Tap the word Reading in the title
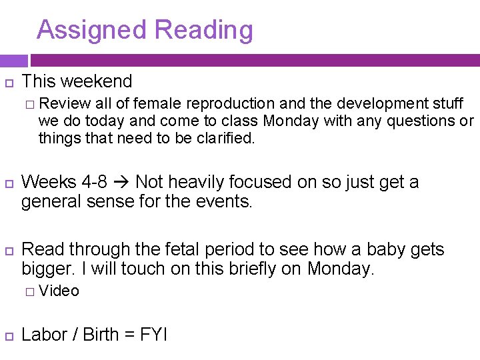[203, 31]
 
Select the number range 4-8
[91, 182]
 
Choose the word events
[225, 201]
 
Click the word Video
[59, 291]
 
